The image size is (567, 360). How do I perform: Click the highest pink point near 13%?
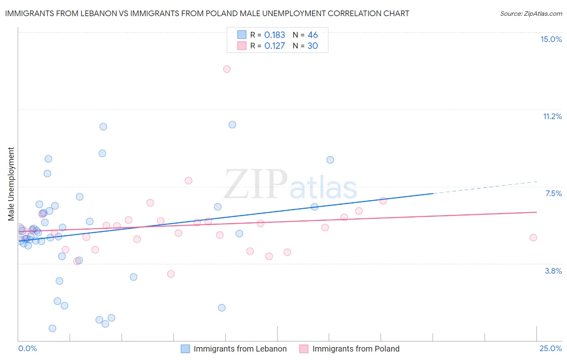(227, 69)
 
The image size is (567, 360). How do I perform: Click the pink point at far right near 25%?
(533, 238)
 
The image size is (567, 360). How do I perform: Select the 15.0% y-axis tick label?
(551, 39)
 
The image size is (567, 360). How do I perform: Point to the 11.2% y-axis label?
(552, 116)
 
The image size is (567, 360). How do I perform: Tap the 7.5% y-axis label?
(553, 193)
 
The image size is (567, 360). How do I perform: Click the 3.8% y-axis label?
(553, 271)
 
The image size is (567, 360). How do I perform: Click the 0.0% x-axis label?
(27, 348)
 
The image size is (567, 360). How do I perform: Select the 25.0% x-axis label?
(550, 348)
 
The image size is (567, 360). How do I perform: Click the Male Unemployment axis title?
(11, 184)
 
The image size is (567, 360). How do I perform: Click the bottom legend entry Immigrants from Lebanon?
(240, 349)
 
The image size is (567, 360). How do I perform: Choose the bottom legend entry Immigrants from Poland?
(356, 349)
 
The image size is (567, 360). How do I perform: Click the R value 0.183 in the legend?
(275, 35)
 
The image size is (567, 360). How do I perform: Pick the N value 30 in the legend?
(313, 46)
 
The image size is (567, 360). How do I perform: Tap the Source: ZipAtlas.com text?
(531, 14)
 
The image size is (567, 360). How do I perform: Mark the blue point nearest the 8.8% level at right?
(330, 160)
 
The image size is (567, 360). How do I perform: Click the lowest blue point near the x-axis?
(52, 329)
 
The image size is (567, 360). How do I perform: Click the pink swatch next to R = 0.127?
(242, 46)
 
